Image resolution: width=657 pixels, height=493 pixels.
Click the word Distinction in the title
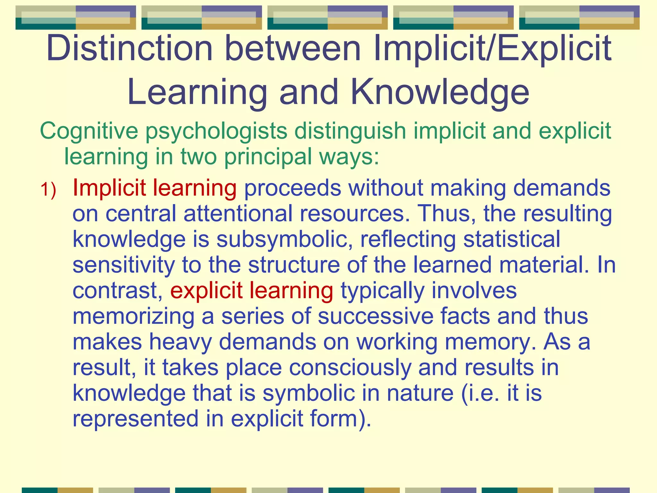[x=130, y=49]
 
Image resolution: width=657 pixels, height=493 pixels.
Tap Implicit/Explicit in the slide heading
[x=492, y=49]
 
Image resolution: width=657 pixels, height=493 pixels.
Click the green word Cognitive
[x=89, y=131]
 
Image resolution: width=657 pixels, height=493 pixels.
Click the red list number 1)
[x=48, y=189]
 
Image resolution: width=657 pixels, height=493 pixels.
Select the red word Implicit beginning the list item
[x=109, y=188]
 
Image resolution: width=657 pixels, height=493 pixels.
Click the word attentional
[x=238, y=214]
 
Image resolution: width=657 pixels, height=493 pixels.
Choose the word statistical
[x=512, y=239]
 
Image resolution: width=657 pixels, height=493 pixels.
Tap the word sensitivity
[x=124, y=265]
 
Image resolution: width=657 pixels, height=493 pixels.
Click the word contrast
[x=117, y=291]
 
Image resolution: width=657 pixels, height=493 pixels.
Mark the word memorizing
[x=133, y=316]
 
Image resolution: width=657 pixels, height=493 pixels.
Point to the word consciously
[x=350, y=368]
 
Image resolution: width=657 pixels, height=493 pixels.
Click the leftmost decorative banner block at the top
[x=76, y=18]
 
